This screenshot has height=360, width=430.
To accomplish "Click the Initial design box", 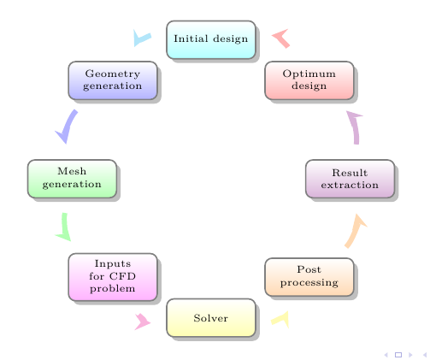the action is pos(211,39).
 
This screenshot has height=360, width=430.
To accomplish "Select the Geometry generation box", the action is pos(113,80).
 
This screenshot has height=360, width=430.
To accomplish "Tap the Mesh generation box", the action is pos(72,179).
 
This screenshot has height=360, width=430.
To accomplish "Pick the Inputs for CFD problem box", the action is pos(113,277).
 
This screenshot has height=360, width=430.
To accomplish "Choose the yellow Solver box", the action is pos(211,318).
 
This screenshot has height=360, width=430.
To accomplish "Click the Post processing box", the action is pos(309,277).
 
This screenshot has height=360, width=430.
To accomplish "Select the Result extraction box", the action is pos(350,179).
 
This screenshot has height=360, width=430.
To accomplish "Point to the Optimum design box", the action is pos(309,80).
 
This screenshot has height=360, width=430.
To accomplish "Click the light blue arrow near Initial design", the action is pos(140,38).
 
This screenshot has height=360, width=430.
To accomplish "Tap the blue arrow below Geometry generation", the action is pos(69,126).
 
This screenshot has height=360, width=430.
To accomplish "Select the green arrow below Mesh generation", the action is pos(65,227).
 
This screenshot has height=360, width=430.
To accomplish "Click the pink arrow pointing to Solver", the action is pos(144,322).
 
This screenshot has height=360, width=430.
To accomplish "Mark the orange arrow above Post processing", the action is pos(355,232).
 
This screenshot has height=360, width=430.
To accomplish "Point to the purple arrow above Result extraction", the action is pos(355,127).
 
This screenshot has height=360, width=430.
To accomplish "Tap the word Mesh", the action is pos(72,171).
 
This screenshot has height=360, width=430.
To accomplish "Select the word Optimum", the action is pos(309,74).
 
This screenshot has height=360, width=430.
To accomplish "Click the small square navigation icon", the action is pos(398,355).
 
